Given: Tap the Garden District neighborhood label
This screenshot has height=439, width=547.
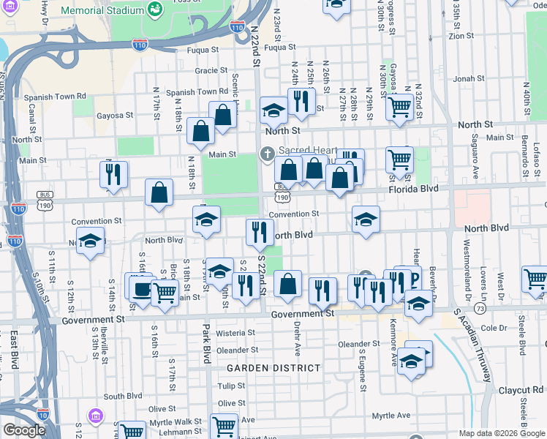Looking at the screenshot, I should [273, 368].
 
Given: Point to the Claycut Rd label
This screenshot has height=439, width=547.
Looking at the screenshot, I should [528, 390].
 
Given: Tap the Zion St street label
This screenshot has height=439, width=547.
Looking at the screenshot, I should [461, 35].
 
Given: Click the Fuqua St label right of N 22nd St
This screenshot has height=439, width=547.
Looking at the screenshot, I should [279, 48].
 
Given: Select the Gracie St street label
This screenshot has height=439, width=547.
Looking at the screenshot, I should [211, 71].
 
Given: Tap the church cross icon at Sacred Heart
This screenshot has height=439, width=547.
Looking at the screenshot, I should [267, 154].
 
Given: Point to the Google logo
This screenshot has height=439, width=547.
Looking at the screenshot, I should [24, 430].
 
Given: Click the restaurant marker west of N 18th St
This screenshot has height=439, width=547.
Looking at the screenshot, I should [113, 175].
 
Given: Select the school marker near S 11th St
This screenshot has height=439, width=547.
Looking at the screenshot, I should [90, 240].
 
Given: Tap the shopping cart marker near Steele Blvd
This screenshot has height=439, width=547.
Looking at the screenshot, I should [535, 279].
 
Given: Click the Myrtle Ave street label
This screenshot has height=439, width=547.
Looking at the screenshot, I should [391, 416].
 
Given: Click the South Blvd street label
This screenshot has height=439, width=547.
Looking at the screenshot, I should [122, 396].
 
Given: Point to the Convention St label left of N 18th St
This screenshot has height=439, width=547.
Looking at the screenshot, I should [97, 221].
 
